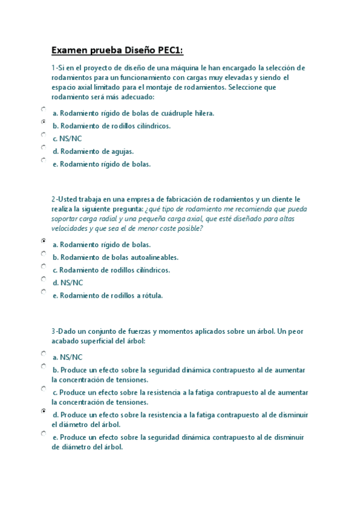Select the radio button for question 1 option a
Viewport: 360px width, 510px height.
(x=44, y=109)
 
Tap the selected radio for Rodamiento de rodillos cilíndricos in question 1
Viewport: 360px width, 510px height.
(x=44, y=122)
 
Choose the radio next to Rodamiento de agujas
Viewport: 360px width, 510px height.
(x=44, y=147)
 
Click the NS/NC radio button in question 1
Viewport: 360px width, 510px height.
(x=44, y=135)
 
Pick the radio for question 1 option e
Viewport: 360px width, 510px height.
(x=44, y=160)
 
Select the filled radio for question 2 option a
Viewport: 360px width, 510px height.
(x=44, y=241)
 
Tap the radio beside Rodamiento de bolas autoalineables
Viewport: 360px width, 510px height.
(x=44, y=253)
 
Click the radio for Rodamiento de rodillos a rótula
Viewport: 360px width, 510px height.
(x=44, y=292)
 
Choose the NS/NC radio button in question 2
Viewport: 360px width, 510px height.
(x=44, y=279)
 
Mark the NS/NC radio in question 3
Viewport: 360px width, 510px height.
(x=44, y=353)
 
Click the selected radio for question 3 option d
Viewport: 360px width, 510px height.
(x=44, y=411)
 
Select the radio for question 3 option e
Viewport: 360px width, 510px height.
(x=44, y=433)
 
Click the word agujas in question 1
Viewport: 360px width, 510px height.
(x=121, y=152)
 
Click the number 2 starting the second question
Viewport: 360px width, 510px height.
(x=53, y=199)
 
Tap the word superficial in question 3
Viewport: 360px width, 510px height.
(x=97, y=340)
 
